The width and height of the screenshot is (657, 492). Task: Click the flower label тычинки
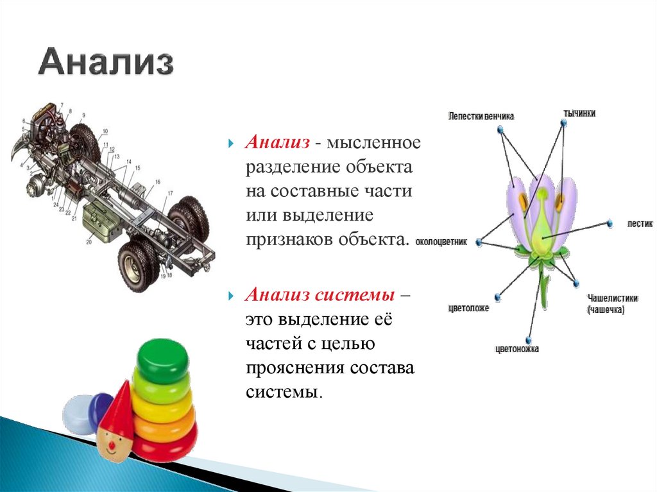click(579, 113)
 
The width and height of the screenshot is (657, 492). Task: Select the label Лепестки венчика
click(481, 116)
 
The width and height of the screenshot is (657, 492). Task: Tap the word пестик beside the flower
click(639, 224)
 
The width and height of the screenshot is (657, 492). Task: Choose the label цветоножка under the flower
click(517, 349)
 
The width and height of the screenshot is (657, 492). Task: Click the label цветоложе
click(468, 308)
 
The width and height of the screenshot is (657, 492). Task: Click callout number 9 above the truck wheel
click(83, 115)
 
